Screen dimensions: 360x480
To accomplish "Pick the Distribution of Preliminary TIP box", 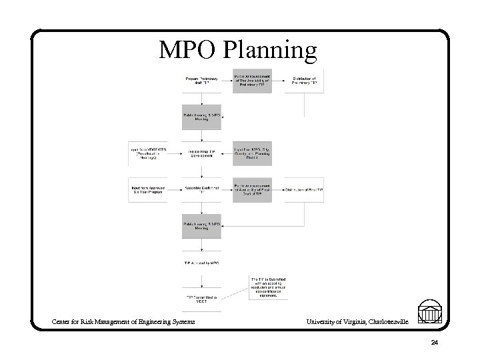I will click(x=304, y=81).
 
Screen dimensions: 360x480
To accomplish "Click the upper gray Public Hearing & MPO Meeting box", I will click(x=202, y=117).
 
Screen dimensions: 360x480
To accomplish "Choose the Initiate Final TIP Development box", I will click(x=202, y=153).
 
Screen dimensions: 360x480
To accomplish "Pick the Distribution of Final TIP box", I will click(x=304, y=190).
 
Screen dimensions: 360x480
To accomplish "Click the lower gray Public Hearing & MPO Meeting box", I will click(x=202, y=226).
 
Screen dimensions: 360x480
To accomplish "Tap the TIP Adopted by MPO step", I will click(x=202, y=263).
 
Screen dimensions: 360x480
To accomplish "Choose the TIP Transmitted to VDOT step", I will click(x=202, y=298).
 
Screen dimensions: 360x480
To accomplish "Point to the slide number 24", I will click(x=434, y=343).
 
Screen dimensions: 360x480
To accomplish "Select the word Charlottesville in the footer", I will click(x=386, y=323).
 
